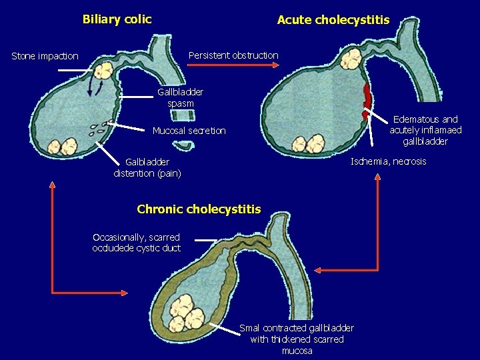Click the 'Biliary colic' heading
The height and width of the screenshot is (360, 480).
point(117,19)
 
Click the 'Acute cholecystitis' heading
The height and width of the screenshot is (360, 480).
point(333,20)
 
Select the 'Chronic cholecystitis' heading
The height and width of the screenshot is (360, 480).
point(199,209)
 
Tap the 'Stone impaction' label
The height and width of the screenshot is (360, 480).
point(45,56)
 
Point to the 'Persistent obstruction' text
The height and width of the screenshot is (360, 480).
point(233,55)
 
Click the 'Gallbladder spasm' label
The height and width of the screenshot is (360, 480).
point(181,97)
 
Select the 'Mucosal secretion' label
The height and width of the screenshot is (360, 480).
point(189,131)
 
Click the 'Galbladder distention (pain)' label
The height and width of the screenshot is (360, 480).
point(147,167)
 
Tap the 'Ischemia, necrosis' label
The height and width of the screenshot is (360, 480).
point(389,161)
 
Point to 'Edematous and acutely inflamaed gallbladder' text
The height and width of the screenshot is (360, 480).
point(425,130)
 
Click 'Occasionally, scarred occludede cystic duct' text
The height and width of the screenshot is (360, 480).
point(136,243)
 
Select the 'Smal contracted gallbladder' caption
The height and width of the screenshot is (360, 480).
point(297,339)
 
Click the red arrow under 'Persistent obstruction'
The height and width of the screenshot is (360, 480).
point(233,66)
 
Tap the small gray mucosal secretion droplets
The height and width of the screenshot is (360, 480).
point(100,127)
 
